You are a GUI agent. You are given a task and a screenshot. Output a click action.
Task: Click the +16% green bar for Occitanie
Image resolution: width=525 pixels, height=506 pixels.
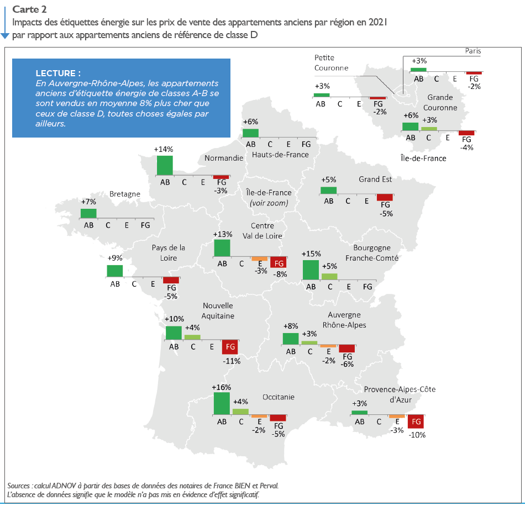222,403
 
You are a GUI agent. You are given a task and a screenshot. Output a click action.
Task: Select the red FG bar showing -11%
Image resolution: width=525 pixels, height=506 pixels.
230,347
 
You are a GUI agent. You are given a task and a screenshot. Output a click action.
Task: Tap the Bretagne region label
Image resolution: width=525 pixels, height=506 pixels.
124,194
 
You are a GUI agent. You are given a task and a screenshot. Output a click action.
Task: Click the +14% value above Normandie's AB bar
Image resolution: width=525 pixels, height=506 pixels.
164,149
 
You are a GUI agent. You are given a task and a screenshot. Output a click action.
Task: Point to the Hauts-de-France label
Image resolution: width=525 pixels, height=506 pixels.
280,155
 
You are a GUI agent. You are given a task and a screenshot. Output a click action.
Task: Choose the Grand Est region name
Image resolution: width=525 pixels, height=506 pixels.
375,179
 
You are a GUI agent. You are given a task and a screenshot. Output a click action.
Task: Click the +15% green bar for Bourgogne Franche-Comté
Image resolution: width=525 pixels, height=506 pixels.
311,270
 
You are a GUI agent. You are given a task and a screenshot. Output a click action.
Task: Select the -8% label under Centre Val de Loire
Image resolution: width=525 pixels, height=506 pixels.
280,273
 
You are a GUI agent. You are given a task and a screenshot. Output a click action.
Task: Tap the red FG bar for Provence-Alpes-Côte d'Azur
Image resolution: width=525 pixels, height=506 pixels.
416,421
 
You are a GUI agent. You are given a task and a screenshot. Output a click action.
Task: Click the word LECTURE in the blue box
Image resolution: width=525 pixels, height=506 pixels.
58,73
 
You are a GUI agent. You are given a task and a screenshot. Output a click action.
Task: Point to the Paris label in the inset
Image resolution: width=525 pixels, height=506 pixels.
473,51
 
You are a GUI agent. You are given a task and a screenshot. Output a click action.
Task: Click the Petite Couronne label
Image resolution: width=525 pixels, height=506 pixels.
331,62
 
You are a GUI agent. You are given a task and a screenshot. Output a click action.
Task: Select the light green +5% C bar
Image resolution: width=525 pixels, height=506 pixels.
329,276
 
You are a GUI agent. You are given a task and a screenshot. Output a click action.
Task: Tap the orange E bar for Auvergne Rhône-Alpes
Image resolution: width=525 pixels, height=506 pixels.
328,346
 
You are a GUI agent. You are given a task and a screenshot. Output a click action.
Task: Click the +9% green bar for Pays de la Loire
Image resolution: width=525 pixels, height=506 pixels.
115,271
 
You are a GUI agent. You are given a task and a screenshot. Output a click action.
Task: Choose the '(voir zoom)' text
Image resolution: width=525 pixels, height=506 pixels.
269,203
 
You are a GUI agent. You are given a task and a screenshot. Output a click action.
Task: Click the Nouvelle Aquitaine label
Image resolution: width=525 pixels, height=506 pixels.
218,310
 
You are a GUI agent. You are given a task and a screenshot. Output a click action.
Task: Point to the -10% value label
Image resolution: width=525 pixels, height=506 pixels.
417,435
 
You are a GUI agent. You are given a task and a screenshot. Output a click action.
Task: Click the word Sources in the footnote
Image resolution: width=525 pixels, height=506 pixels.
19,485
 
